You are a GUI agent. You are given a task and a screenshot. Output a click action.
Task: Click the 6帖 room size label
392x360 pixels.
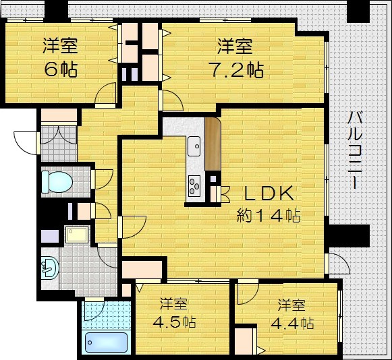pyautogui.click(x=61, y=69)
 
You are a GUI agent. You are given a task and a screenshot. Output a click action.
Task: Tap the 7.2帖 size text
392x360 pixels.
pyautogui.click(x=234, y=69)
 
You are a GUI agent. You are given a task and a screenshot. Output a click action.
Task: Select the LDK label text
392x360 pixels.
pyautogui.click(x=269, y=195)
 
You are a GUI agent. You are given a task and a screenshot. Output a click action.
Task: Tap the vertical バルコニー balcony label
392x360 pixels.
pyautogui.click(x=353, y=151)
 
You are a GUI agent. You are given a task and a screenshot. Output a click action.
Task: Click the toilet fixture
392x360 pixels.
pyautogui.click(x=55, y=181)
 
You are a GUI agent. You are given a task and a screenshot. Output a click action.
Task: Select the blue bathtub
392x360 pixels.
pyautogui.click(x=107, y=341)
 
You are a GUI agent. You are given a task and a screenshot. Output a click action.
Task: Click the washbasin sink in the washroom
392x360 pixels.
pyautogui.click(x=51, y=268)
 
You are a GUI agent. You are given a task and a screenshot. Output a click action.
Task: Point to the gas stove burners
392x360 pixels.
pyautogui.click(x=194, y=184)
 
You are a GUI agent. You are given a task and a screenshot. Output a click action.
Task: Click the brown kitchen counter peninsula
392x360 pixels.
pyautogui.click(x=212, y=144)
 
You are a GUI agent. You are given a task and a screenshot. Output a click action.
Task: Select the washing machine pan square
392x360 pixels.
pyautogui.click(x=75, y=235)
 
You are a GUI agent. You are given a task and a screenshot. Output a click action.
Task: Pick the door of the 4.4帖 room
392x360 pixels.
pyautogui.click(x=247, y=292)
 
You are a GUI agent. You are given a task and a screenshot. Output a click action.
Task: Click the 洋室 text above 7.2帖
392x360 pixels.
pyautogui.click(x=234, y=47)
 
